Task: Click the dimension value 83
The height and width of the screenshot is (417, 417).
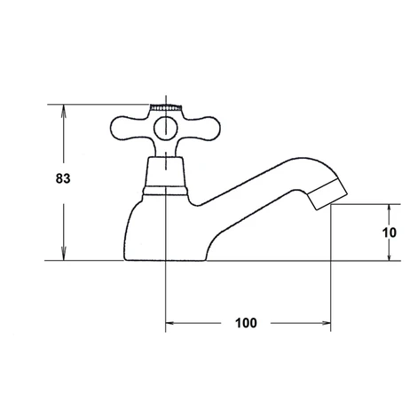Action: click(63, 178)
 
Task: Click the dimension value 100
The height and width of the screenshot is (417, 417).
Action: click(246, 323)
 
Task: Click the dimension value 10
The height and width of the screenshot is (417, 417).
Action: click(389, 232)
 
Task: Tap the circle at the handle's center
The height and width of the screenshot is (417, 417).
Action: click(166, 129)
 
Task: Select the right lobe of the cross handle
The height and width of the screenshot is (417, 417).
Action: click(203, 129)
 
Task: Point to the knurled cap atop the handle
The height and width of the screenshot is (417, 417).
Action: click(166, 107)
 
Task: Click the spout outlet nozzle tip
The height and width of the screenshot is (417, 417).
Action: click(327, 194)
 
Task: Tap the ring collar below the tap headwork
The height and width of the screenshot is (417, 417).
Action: click(165, 191)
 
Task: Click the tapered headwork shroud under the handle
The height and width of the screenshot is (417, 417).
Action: click(165, 172)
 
